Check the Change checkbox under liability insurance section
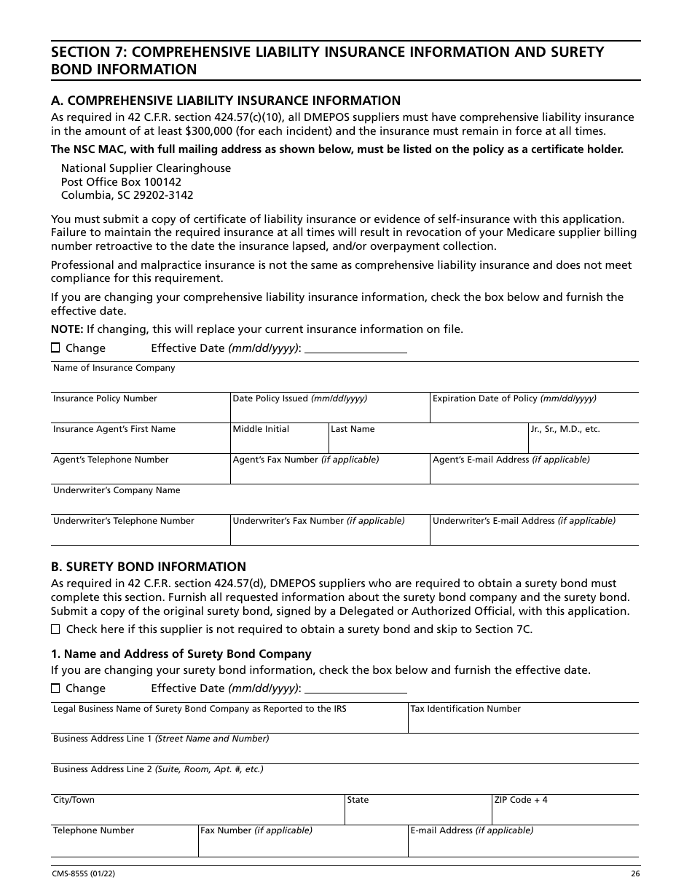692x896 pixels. (55, 348)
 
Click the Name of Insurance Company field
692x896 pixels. (344, 382)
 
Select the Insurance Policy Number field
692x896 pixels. (140, 412)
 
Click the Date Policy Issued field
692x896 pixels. (329, 412)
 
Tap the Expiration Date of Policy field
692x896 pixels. (533, 412)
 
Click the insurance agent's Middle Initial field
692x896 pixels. (279, 443)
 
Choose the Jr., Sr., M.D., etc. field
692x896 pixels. (583, 443)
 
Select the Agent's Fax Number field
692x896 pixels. (329, 473)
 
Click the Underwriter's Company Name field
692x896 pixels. (344, 504)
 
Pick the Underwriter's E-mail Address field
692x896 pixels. (533, 535)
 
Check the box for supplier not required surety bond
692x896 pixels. (55, 629)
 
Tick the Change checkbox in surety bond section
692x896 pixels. (55, 688)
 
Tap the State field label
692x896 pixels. (358, 800)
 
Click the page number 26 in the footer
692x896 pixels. (635, 874)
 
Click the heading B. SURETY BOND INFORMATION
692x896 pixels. (149, 567)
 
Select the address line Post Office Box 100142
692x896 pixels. (121, 182)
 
